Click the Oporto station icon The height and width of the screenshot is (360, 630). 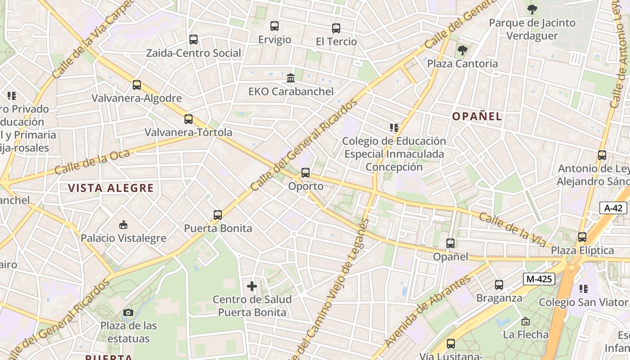[x=306, y=172]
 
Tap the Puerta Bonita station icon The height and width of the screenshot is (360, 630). [x=218, y=215]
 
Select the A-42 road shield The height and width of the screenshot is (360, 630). [x=613, y=208]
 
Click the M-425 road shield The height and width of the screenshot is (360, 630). [x=539, y=279]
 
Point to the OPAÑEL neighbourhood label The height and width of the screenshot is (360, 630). [x=477, y=117]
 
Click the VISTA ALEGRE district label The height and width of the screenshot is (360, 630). [x=111, y=188]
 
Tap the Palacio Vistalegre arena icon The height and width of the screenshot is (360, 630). [x=123, y=225]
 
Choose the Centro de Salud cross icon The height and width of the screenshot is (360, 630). [x=252, y=286]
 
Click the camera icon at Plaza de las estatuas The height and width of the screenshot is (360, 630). [x=128, y=312]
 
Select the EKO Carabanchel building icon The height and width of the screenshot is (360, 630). [x=291, y=78]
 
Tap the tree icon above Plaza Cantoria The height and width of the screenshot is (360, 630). [x=462, y=50]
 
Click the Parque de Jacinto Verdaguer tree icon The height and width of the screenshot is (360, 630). [x=532, y=9]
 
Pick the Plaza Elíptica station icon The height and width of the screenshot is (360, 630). [x=582, y=237]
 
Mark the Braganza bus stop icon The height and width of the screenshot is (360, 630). [x=499, y=284]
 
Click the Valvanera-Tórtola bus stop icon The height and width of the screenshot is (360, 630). [x=189, y=119]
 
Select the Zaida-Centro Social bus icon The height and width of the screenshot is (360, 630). [x=193, y=40]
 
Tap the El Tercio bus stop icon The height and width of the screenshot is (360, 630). [x=336, y=28]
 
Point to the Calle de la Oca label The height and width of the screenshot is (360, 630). [x=92, y=162]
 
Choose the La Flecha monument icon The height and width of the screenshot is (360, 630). [x=525, y=321]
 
